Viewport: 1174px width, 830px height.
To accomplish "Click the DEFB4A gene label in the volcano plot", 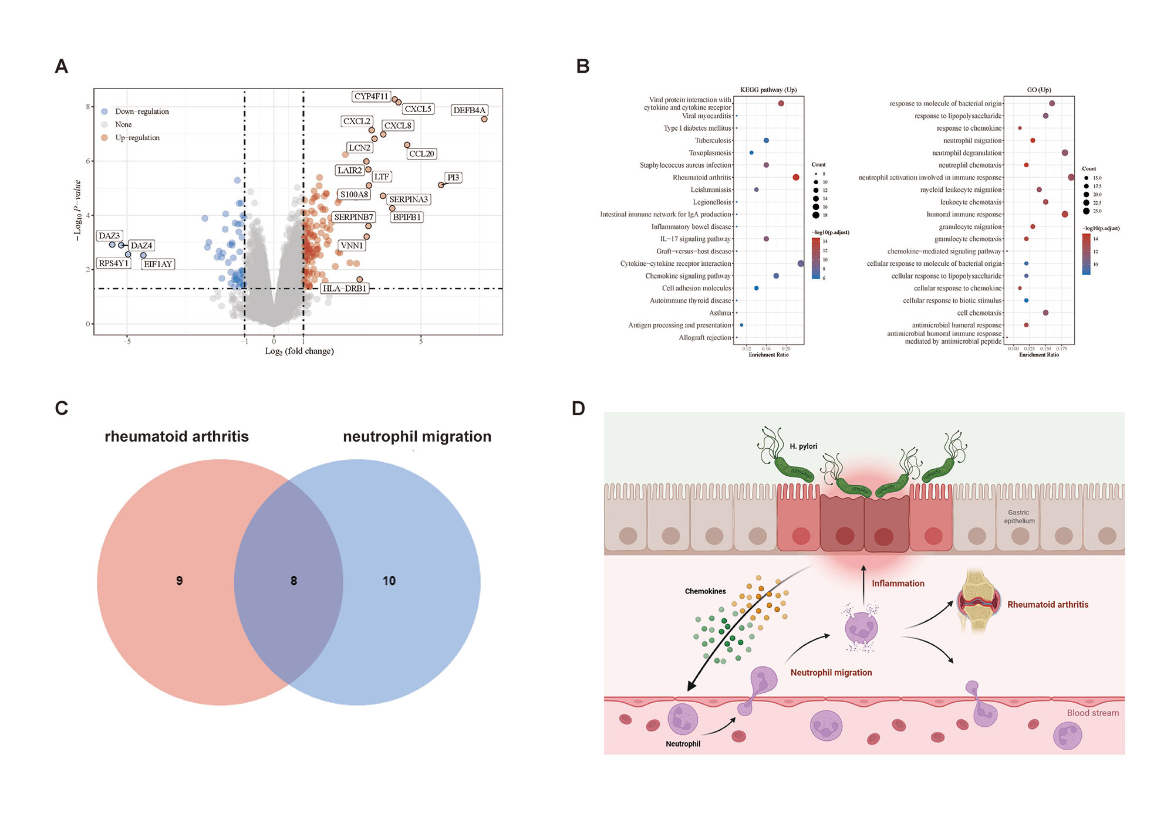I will pyautogui.click(x=469, y=110).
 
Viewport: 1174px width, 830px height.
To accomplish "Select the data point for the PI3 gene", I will pyautogui.click(x=441, y=185).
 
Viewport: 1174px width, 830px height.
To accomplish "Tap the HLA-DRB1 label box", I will pyautogui.click(x=345, y=289).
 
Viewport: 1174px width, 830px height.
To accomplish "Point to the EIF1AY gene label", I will pyautogui.click(x=158, y=264).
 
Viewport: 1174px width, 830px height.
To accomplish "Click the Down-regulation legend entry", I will pyautogui.click(x=141, y=111).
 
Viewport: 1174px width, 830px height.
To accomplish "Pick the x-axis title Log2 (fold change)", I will pyautogui.click(x=299, y=351).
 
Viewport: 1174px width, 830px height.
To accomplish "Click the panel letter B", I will pyautogui.click(x=582, y=66).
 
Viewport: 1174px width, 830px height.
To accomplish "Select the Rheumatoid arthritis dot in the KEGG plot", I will pyautogui.click(x=796, y=177).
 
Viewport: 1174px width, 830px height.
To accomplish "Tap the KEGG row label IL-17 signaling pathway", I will pyautogui.click(x=695, y=239).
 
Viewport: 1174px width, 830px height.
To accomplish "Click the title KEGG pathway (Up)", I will pyautogui.click(x=768, y=90).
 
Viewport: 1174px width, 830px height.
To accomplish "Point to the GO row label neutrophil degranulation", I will pyautogui.click(x=967, y=153).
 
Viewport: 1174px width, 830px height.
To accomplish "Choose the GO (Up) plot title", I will pyautogui.click(x=1039, y=90).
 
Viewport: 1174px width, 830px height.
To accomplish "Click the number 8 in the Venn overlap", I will pyautogui.click(x=293, y=581).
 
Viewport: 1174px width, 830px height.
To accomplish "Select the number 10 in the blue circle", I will pyautogui.click(x=389, y=581).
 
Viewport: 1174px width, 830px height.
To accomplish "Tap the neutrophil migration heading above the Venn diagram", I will pyautogui.click(x=417, y=436).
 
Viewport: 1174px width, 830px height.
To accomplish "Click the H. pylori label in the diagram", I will pyautogui.click(x=803, y=446).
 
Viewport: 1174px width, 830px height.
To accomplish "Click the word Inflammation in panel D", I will pyautogui.click(x=898, y=584).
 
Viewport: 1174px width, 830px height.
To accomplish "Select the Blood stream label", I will pyautogui.click(x=1092, y=713).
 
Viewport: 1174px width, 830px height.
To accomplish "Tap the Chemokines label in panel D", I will pyautogui.click(x=705, y=591).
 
